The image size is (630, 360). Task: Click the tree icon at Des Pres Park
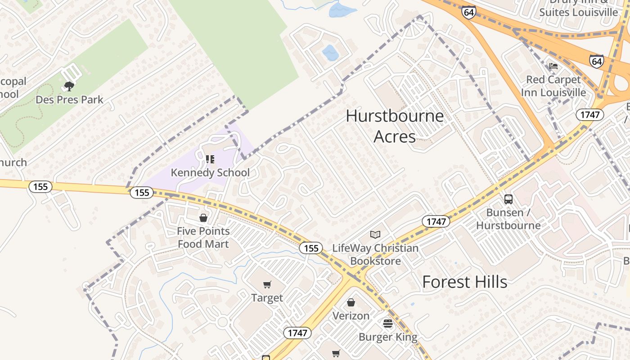coord(69,86)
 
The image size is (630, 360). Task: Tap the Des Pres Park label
coord(69,99)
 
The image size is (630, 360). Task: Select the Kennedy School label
coord(210,172)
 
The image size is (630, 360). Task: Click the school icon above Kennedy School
coord(210,159)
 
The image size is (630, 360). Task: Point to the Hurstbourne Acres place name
coord(395,126)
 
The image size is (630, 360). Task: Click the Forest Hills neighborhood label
coord(464,282)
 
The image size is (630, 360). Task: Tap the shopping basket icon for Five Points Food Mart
coord(203,218)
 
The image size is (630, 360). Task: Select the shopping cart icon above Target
coord(267,284)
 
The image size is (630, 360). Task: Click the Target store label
coord(267,298)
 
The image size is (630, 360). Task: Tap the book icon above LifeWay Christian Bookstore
coord(375,234)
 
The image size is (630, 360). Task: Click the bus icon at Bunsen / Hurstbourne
coord(508,199)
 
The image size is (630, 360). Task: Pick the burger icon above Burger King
coord(388,323)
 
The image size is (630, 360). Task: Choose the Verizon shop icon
coord(351,302)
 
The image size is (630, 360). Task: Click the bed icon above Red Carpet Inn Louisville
coord(553,66)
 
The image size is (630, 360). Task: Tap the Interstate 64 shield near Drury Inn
coord(468,12)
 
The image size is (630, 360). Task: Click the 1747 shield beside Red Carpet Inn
coord(589,115)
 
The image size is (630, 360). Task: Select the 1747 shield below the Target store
coord(297,333)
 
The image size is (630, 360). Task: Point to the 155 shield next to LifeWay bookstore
coord(311,248)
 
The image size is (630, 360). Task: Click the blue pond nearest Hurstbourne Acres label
coord(330,53)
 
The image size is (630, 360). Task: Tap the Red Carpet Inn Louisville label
coord(553,86)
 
